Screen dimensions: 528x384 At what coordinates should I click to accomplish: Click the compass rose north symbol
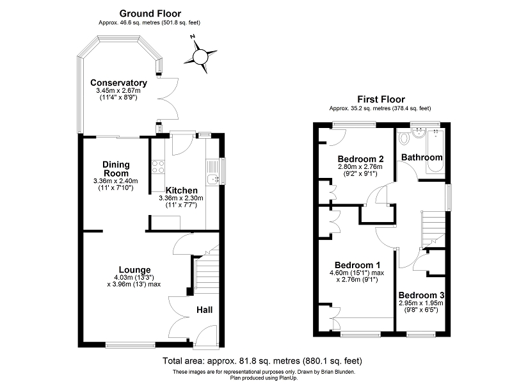coord(200,56)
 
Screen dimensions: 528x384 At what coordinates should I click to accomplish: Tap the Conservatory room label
coord(118,83)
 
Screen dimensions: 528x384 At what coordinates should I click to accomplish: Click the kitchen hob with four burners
coord(158,167)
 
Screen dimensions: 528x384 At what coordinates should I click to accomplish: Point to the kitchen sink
coord(212,180)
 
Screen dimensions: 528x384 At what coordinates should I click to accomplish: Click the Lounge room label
coord(134,270)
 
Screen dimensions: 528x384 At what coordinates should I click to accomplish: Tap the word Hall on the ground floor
coord(204,310)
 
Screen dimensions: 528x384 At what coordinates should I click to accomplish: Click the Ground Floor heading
coord(150,13)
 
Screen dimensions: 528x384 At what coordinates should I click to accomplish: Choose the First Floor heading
coord(381,99)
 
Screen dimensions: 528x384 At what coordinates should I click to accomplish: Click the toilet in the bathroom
coord(404,138)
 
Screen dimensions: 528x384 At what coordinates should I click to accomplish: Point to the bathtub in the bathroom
coord(435,151)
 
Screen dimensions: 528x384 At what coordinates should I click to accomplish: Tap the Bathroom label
coord(422,157)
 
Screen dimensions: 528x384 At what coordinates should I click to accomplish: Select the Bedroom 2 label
coord(361,159)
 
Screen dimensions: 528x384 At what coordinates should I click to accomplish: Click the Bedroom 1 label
coord(358,265)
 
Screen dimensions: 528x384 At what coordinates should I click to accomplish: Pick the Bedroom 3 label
coord(421,296)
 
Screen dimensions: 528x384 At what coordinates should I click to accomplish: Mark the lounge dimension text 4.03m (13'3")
coord(134,278)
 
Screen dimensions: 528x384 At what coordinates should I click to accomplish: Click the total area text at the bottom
coord(262,361)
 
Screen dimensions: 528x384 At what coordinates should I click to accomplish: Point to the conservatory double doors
coord(168,99)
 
